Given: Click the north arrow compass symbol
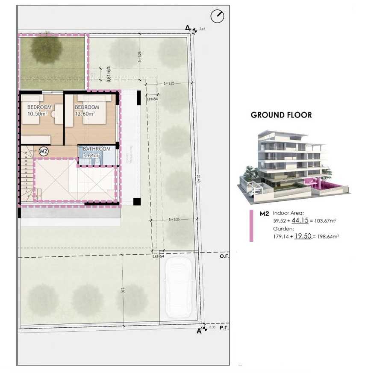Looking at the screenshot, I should (217, 17).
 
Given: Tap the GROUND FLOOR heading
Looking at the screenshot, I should (281, 115).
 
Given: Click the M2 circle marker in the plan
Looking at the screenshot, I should (43, 151).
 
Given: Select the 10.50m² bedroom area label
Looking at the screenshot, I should (39, 114).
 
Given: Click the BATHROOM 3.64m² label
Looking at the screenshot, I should (96, 153).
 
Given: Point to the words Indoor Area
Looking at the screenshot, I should (288, 213).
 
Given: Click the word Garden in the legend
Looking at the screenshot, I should (280, 228).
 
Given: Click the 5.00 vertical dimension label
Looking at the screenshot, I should (122, 290).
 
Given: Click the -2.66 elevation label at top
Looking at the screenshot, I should (202, 29).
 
